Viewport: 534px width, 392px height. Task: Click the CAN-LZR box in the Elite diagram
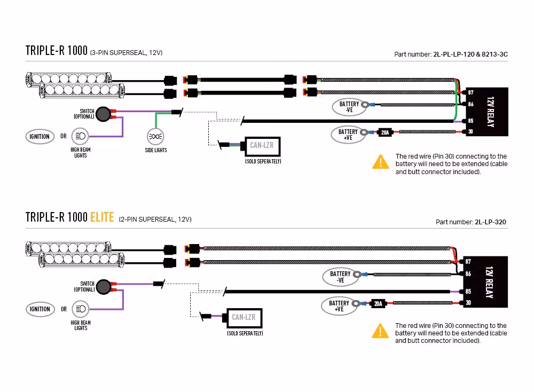[x=244, y=318]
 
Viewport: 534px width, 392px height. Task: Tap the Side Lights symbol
[x=155, y=136]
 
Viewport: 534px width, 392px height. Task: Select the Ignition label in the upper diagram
[x=40, y=136]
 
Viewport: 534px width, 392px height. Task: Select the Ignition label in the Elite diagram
[x=40, y=309]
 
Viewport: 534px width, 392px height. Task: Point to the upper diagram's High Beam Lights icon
[x=81, y=136]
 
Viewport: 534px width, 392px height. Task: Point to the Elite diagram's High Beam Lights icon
[x=81, y=309]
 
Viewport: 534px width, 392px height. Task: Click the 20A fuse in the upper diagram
[x=384, y=132]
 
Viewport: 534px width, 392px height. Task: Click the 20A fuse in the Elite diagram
[x=378, y=304]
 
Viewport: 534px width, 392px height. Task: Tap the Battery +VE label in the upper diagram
[x=348, y=135]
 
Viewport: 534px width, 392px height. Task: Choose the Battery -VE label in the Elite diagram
[x=340, y=277]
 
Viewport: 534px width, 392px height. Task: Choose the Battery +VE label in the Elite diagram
[x=339, y=305]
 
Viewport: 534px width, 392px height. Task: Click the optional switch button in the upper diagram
[x=104, y=113]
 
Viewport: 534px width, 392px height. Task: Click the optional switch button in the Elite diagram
[x=104, y=287]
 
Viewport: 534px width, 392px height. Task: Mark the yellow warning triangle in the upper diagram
[x=380, y=162]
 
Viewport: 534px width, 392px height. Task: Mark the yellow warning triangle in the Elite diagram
[x=380, y=331]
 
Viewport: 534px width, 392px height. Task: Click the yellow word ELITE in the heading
[x=101, y=217]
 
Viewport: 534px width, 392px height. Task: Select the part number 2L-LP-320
[x=490, y=222]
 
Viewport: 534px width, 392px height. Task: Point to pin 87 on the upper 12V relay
[x=470, y=93]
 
